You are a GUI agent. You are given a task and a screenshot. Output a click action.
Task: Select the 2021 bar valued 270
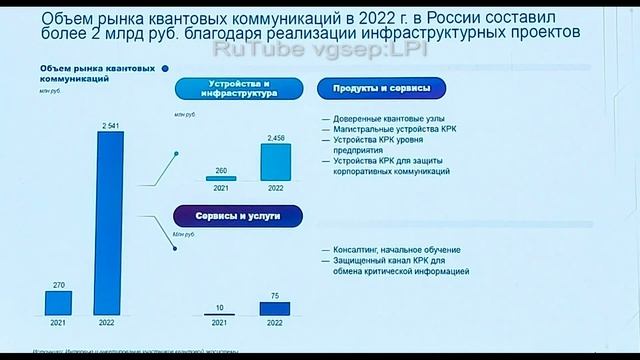pyautogui.click(x=59, y=304)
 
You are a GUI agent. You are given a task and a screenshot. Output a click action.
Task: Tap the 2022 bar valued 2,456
pyautogui.click(x=276, y=162)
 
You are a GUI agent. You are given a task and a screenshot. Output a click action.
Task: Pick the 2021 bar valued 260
pyautogui.click(x=220, y=178)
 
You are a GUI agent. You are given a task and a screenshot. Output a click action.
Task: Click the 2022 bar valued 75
pyautogui.click(x=276, y=308)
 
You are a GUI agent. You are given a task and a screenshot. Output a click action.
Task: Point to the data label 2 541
pyautogui.click(x=110, y=123)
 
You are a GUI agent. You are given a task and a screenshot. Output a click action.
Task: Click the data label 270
pyautogui.click(x=58, y=285)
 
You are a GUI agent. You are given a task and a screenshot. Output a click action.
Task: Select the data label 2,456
pyautogui.click(x=276, y=137)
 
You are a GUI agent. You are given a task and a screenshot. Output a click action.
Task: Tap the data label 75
pyautogui.click(x=276, y=296)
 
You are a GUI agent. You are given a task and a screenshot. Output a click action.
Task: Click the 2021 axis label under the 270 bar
pyautogui.click(x=59, y=324)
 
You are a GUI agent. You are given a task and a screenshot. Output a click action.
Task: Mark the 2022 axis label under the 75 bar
pyautogui.click(x=276, y=324)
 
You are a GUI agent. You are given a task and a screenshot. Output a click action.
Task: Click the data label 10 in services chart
pyautogui.click(x=220, y=306)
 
